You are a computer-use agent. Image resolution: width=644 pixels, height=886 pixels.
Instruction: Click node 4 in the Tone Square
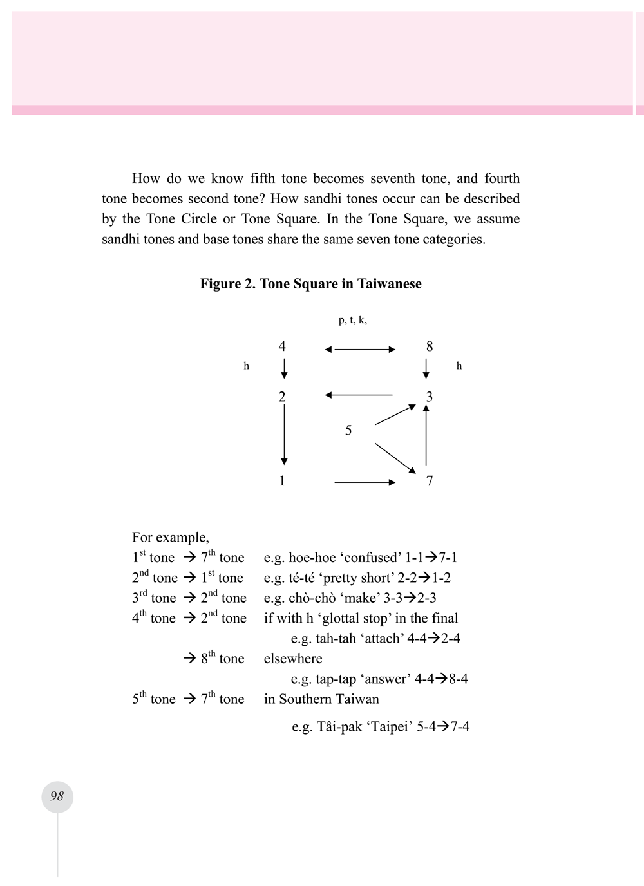click(x=282, y=346)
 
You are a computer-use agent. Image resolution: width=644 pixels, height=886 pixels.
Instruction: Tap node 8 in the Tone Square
click(x=430, y=346)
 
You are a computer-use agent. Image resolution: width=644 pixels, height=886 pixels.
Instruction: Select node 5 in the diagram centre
click(x=348, y=430)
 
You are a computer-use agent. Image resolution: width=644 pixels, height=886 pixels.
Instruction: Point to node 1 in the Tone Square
click(x=282, y=481)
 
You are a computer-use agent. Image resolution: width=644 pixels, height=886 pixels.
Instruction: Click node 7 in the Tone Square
click(x=430, y=481)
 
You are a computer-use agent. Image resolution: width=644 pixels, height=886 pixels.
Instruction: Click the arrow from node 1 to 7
click(x=365, y=482)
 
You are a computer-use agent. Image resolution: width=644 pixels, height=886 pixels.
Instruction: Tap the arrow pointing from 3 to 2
click(x=359, y=395)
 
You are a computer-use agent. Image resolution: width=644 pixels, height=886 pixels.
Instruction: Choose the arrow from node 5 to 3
click(x=395, y=415)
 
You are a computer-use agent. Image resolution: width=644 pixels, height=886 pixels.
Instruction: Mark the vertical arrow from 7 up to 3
click(x=426, y=435)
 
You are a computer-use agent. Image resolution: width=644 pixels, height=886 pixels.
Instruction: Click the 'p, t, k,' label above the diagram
click(x=352, y=320)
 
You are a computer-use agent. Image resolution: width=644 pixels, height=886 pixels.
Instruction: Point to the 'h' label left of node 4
click(x=246, y=366)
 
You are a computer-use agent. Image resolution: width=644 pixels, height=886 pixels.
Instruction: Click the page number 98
click(x=57, y=796)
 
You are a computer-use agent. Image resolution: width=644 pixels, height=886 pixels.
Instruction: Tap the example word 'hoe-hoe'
click(x=312, y=558)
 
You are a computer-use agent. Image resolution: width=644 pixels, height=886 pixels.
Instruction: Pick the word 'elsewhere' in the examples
click(x=293, y=659)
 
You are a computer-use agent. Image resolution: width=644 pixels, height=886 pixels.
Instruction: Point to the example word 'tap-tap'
click(x=336, y=679)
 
